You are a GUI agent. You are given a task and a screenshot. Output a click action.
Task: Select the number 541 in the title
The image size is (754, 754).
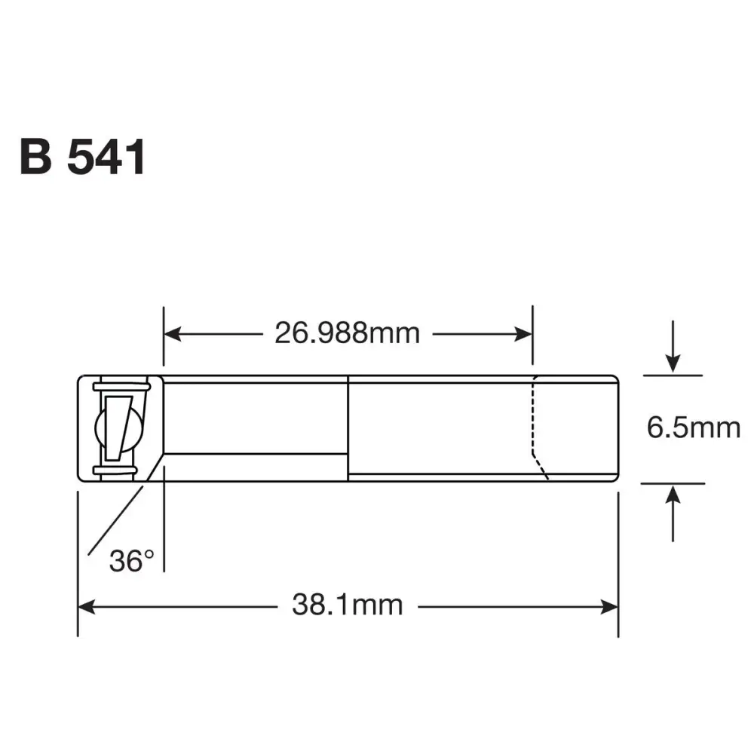click(106, 157)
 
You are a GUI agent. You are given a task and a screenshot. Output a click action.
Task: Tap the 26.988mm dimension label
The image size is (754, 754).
click(347, 333)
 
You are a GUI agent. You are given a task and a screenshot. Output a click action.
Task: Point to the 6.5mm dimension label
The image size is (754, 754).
click(693, 428)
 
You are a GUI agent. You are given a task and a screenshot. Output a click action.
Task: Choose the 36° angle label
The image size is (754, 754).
click(131, 560)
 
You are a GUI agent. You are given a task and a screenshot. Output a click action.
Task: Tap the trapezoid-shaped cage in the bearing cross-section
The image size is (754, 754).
click(119, 428)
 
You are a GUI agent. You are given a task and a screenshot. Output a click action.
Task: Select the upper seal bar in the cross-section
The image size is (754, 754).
click(121, 387)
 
